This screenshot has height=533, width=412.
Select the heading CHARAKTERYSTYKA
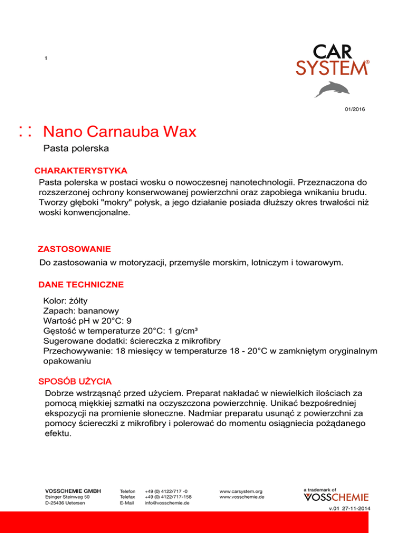tap(80, 171)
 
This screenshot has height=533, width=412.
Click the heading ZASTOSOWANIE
tap(74, 249)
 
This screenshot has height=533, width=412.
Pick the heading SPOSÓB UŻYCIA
tap(75, 382)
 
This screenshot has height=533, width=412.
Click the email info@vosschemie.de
tap(167, 504)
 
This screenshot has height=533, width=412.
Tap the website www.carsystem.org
tap(241, 491)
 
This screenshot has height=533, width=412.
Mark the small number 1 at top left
tap(46, 58)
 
